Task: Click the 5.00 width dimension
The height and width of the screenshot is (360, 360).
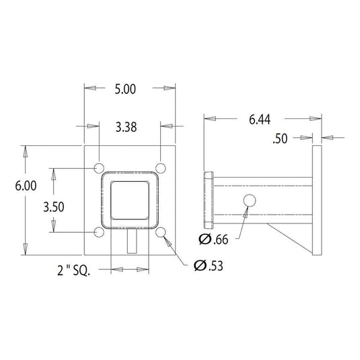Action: (125, 89)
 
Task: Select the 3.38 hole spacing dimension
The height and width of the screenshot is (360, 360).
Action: (126, 127)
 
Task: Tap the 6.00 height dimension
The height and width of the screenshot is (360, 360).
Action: (26, 186)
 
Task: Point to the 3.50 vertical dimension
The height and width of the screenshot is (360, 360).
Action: (54, 207)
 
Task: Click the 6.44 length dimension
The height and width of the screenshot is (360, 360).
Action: (260, 120)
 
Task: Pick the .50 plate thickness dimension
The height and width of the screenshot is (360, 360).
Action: (280, 139)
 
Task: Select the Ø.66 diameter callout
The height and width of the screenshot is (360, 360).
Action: (213, 240)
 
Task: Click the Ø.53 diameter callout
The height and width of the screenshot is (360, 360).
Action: (208, 266)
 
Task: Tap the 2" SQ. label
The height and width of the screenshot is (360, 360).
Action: (74, 271)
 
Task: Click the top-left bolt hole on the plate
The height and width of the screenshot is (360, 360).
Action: (99, 168)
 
